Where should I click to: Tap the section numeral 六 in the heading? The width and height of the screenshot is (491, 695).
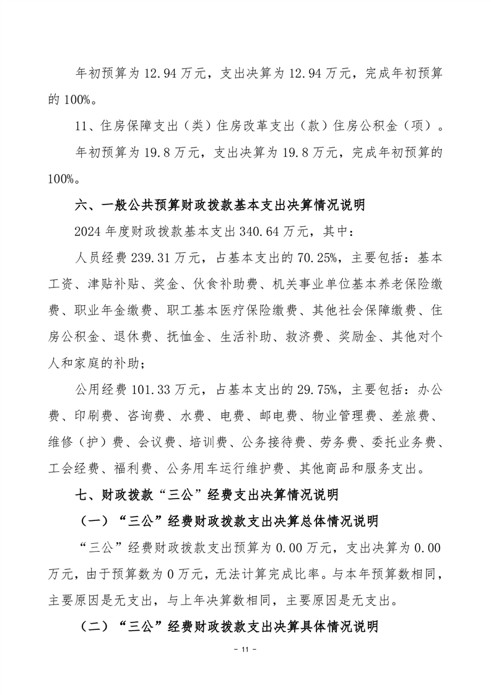coord(81,207)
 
